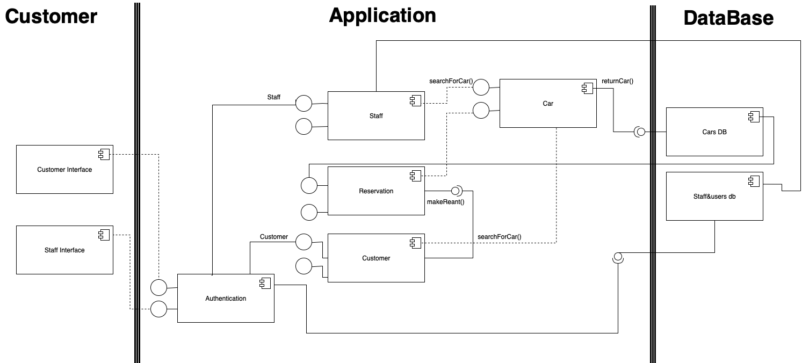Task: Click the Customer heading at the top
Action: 51,17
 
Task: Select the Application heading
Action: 382,16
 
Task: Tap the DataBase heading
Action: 728,18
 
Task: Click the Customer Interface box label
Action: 64,170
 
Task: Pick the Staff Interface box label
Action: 64,250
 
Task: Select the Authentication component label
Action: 226,299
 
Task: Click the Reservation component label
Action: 376,191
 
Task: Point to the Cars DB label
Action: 714,132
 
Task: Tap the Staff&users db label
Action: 714,197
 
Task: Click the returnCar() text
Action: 618,82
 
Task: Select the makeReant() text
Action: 445,202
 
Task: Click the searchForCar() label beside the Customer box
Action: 499,237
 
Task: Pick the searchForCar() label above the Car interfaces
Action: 451,82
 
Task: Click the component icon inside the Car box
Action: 587,89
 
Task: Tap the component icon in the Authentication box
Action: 264,284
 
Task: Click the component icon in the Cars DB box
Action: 753,117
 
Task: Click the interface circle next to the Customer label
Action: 304,242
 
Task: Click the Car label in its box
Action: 548,104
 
